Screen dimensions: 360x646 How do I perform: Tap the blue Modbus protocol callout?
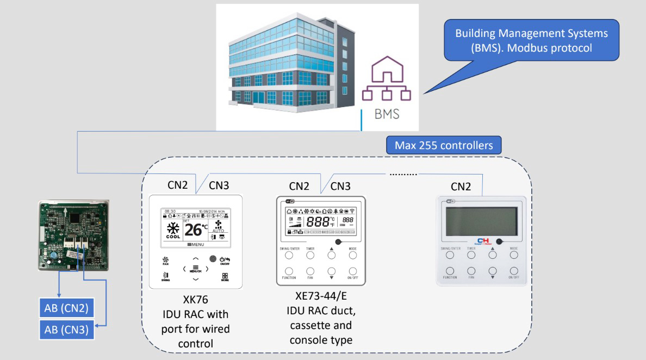pyautogui.click(x=531, y=40)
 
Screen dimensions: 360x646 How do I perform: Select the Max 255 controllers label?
pyautogui.click(x=444, y=145)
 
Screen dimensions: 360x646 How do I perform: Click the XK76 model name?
pyautogui.click(x=195, y=300)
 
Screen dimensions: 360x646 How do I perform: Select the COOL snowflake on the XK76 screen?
pyautogui.click(x=173, y=231)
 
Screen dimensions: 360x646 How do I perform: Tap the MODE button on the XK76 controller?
pyautogui.click(x=225, y=277)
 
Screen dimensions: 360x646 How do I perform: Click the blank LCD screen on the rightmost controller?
pyautogui.click(x=481, y=220)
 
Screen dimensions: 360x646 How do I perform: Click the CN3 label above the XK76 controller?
pyautogui.click(x=219, y=186)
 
